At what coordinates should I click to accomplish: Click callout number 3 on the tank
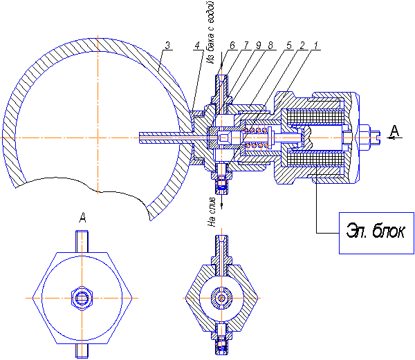(x=167, y=46)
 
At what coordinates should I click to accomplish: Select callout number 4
(x=198, y=46)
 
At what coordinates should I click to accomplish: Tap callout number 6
(x=232, y=46)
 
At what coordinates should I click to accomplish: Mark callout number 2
(x=303, y=46)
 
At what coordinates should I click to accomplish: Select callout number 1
(x=316, y=46)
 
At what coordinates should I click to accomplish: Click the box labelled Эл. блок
(x=373, y=231)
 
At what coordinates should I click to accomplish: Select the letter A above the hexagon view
(x=82, y=217)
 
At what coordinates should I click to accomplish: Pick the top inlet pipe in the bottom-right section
(x=222, y=250)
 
